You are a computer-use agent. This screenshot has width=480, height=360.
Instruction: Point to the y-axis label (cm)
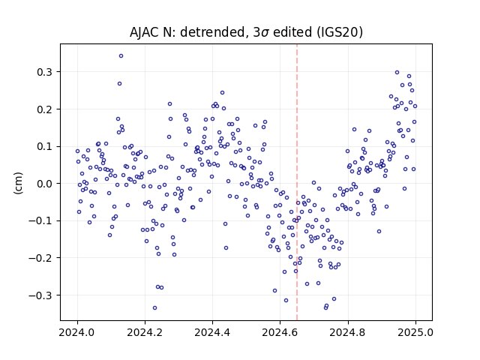point(18,183)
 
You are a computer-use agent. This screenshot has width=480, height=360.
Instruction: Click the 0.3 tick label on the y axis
point(45,72)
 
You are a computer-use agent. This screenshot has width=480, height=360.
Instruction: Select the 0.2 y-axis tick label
point(45,109)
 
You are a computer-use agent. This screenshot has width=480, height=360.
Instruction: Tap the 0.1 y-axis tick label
point(45,146)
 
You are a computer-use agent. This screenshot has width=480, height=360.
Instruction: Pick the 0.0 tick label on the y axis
point(45,184)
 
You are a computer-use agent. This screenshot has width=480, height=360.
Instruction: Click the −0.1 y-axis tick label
point(40,220)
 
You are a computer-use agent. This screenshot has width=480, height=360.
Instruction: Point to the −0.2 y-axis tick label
point(40,258)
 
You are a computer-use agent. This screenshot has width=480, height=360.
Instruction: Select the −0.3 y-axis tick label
point(40,295)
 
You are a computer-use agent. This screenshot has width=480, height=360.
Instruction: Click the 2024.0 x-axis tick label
point(77,332)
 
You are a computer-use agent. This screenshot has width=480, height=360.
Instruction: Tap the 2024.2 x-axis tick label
point(145,332)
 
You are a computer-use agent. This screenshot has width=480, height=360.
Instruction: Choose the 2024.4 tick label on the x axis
point(212,332)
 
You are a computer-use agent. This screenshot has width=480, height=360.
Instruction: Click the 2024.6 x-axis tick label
point(280,332)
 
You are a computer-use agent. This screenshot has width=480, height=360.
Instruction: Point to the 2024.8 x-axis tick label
point(348,332)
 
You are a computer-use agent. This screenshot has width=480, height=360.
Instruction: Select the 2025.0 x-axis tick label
point(415,332)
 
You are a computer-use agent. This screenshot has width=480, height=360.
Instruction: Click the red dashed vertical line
point(297,182)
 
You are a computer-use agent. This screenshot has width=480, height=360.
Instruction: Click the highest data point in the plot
point(121,55)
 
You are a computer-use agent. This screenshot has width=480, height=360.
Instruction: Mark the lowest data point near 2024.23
point(155,307)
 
